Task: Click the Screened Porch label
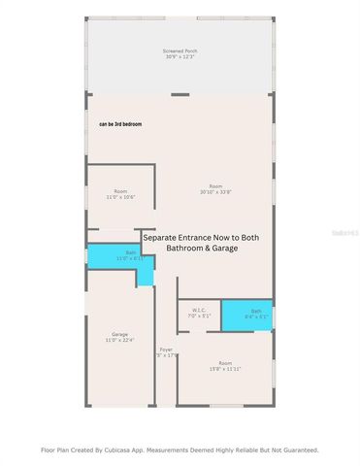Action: tap(179, 50)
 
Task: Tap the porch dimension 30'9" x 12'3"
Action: tap(179, 55)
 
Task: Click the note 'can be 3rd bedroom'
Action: tap(120, 124)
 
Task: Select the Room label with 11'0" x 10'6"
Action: tap(120, 191)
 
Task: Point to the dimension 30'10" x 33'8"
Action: tap(216, 191)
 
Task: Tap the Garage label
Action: tap(119, 334)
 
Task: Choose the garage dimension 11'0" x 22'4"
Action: tap(119, 340)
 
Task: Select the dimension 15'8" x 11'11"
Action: tap(224, 368)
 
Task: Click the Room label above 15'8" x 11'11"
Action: tap(224, 362)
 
